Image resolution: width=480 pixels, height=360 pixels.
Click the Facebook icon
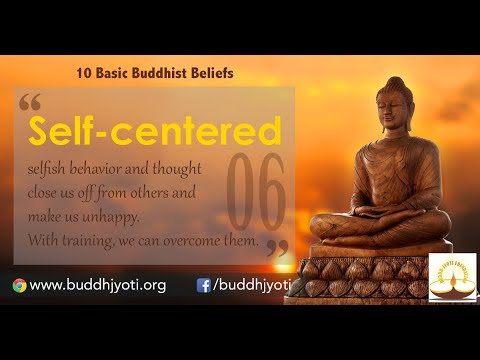tap(204, 285)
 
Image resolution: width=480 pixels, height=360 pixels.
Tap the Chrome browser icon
tap(19, 285)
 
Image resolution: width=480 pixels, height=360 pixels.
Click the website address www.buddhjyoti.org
tap(98, 285)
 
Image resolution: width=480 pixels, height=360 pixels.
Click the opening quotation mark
tap(30, 104)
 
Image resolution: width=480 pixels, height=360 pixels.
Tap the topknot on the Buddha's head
tap(396, 80)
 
